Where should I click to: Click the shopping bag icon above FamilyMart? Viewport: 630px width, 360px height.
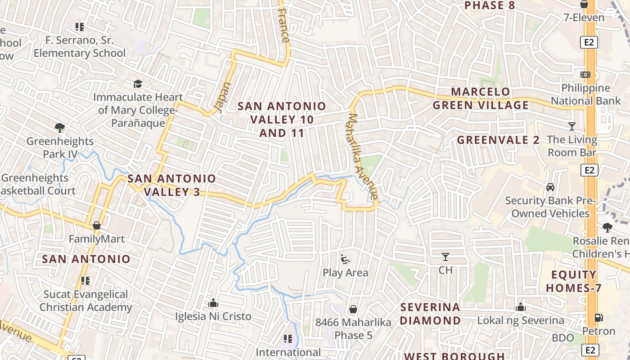96,225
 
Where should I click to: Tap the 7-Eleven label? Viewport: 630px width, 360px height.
584,18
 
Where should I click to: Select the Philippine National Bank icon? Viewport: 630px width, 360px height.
585,75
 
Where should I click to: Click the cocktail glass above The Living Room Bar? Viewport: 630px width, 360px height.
572,126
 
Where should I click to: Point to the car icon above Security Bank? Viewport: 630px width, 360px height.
550,187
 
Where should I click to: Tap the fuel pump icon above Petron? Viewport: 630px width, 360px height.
598,317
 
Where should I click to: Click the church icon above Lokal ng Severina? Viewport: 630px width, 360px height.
521,307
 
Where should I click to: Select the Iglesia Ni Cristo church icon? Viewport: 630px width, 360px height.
213,303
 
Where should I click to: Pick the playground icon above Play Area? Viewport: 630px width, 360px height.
345,259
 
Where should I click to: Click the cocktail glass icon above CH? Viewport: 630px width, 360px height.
445,257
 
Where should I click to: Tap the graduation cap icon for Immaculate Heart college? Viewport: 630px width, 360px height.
138,84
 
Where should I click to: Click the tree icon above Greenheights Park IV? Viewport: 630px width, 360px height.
59,128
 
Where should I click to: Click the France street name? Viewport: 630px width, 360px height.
283,25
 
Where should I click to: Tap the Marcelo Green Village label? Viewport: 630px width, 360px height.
481,99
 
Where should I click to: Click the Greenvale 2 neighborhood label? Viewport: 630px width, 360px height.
498,140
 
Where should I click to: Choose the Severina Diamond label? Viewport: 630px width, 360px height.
430,314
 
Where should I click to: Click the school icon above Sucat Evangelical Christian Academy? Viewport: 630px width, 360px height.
85,281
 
